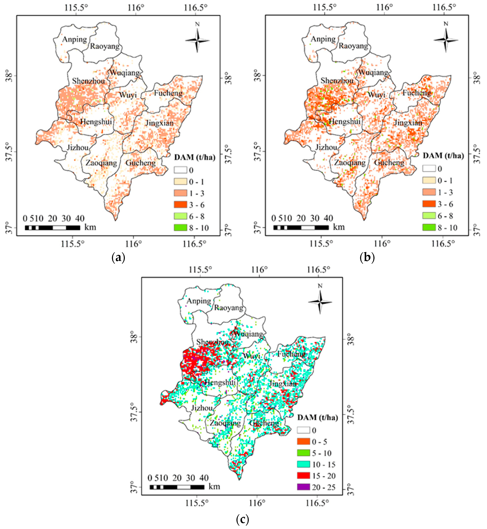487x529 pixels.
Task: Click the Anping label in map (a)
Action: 75,40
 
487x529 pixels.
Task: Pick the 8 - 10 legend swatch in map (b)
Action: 429,227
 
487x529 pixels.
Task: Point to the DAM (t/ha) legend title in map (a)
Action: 194,157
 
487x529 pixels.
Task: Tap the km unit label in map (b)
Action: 339,227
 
